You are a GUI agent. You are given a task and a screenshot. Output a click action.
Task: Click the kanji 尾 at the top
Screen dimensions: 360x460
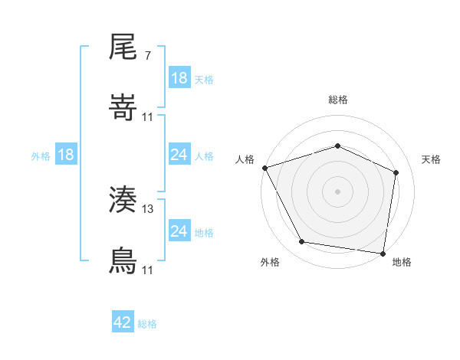[123, 49]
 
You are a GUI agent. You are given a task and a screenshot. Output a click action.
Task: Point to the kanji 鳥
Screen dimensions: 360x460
[123, 261]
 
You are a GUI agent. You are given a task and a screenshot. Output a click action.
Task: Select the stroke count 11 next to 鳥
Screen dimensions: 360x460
[148, 270]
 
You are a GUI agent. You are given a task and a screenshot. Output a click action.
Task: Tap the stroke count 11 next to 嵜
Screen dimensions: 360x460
[148, 116]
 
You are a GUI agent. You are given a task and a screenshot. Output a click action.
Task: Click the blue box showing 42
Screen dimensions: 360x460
[123, 322]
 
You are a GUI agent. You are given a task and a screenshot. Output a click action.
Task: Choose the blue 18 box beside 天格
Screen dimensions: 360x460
[179, 78]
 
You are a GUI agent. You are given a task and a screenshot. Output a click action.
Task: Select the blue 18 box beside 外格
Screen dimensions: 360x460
[66, 155]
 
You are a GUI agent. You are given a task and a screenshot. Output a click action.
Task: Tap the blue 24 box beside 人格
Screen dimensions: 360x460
[179, 155]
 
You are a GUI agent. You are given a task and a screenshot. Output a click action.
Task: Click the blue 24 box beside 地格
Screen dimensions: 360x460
[179, 231]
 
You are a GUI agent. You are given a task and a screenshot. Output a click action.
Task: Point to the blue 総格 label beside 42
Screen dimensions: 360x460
[147, 324]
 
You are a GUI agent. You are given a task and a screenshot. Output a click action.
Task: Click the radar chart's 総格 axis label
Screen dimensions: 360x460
[338, 100]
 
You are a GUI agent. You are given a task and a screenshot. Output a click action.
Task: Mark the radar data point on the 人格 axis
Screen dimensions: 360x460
[264, 168]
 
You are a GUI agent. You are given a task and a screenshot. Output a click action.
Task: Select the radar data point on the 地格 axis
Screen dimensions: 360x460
[383, 253]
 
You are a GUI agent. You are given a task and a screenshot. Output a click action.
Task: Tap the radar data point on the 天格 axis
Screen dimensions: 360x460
[396, 172]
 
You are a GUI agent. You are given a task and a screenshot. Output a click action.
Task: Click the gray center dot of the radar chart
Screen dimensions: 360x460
[338, 191]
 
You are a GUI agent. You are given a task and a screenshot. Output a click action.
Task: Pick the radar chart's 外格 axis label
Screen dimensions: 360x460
[270, 262]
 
